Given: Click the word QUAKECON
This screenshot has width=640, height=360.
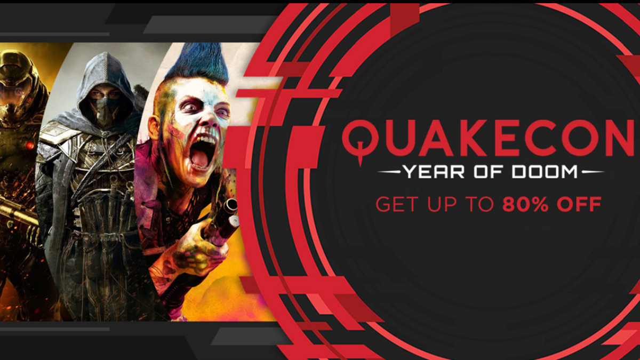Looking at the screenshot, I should (487, 138).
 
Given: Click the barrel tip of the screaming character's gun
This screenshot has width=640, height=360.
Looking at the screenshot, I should (231, 206).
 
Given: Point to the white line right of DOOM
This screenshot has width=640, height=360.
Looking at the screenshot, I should (591, 172).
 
